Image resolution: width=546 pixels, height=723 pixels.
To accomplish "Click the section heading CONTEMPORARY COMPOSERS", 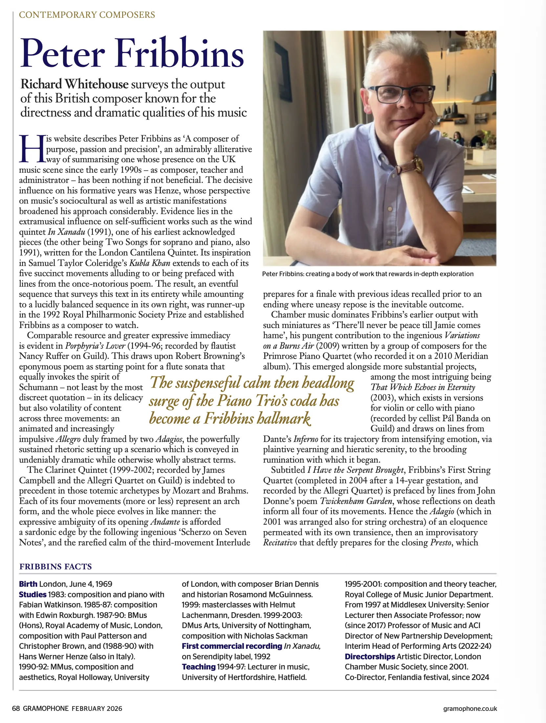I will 87,15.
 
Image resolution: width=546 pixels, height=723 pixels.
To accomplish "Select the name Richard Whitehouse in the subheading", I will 74,84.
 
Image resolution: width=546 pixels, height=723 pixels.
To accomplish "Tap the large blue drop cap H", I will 32,149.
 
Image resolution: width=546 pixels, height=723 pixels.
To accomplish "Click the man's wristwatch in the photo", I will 416,164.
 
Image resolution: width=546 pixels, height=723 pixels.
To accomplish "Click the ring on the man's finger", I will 431,122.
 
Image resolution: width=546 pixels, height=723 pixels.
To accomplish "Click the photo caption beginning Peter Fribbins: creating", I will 368,274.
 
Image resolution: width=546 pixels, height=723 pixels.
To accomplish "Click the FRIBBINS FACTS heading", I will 55,566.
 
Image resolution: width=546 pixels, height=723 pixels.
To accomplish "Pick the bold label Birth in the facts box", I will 28,584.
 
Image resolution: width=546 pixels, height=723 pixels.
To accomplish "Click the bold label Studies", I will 33,594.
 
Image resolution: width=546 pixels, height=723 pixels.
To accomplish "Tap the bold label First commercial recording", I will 232,646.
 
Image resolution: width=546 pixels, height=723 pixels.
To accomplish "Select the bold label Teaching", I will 198,667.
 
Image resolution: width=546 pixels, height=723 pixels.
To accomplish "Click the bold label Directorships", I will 370,656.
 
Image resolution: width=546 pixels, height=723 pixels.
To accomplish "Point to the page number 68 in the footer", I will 16,708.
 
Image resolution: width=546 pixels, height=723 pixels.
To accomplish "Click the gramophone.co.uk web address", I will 470,708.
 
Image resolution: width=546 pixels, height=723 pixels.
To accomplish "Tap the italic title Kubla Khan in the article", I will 150,263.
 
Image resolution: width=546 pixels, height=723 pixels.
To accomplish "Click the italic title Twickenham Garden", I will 356,501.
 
